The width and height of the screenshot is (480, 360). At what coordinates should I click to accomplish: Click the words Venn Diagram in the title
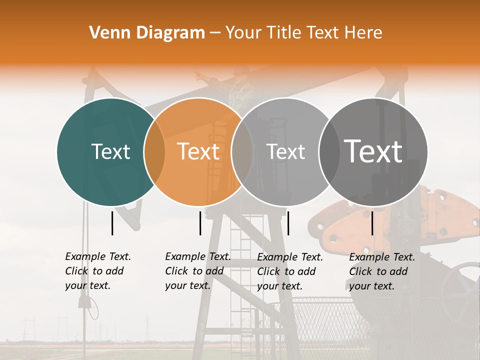point(147,33)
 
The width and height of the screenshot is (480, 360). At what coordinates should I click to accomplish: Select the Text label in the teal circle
point(110,152)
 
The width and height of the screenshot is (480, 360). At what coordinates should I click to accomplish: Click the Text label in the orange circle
point(198,152)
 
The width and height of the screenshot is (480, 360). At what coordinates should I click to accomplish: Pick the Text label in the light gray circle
point(285,152)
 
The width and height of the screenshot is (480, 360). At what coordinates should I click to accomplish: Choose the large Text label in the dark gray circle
point(373,151)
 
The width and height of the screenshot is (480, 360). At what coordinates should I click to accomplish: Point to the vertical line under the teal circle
point(112,223)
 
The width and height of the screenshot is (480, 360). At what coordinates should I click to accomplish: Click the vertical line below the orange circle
point(200,223)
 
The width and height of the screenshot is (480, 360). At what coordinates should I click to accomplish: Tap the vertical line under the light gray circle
point(288,223)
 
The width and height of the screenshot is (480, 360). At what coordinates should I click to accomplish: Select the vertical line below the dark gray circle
point(372,223)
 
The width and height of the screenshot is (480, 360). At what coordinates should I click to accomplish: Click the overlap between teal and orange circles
point(154,152)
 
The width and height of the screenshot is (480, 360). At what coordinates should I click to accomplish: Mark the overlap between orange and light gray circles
point(242,152)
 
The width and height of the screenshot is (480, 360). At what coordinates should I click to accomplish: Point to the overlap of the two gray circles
point(329,152)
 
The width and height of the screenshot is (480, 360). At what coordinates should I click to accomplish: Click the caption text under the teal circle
point(98,271)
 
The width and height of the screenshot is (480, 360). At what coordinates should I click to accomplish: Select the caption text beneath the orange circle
point(198,271)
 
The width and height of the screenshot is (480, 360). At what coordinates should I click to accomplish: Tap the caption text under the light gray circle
point(290,271)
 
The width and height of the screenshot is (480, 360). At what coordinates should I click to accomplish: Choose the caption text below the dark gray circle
point(382,271)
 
